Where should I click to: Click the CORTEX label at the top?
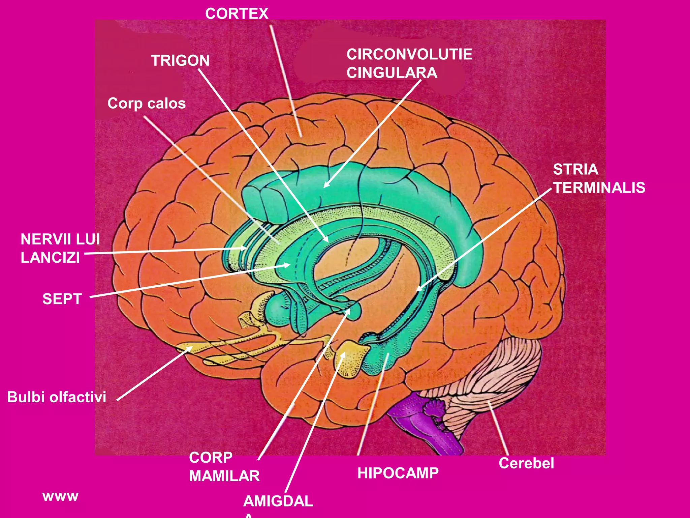[237, 14]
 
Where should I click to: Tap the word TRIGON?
[180, 61]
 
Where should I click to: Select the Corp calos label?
[147, 104]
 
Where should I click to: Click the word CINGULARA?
[392, 73]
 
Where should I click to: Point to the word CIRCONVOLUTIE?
[409, 54]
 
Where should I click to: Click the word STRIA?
[575, 169]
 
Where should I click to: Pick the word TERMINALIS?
[599, 188]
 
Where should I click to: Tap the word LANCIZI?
[50, 258]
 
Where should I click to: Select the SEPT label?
[62, 299]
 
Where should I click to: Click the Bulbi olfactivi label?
[57, 397]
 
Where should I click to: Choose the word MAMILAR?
[224, 476]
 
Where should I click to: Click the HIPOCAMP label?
[398, 473]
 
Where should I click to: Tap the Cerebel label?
[526, 463]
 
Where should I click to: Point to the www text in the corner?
[60, 496]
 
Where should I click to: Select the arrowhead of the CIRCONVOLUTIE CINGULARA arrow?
[325, 186]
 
